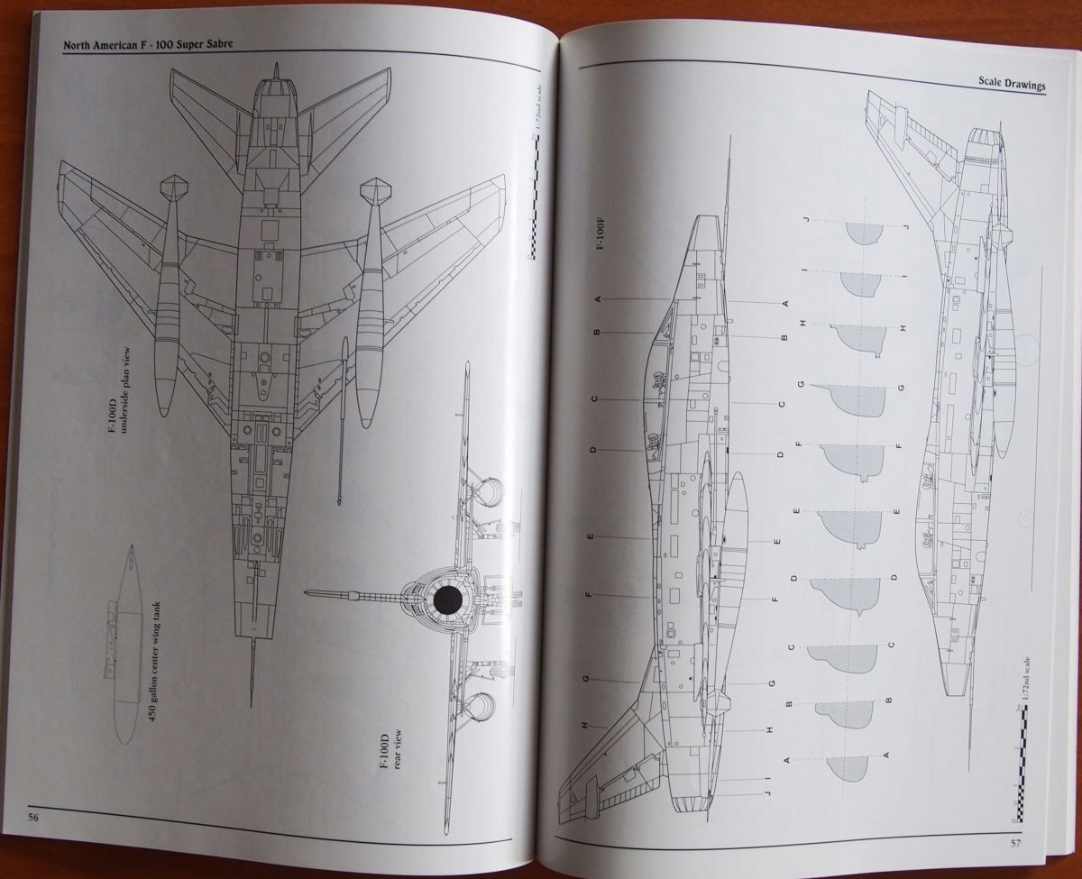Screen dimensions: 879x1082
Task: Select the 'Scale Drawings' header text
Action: pyautogui.click(x=1011, y=83)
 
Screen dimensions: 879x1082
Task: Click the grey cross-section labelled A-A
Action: pyautogui.click(x=848, y=767)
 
